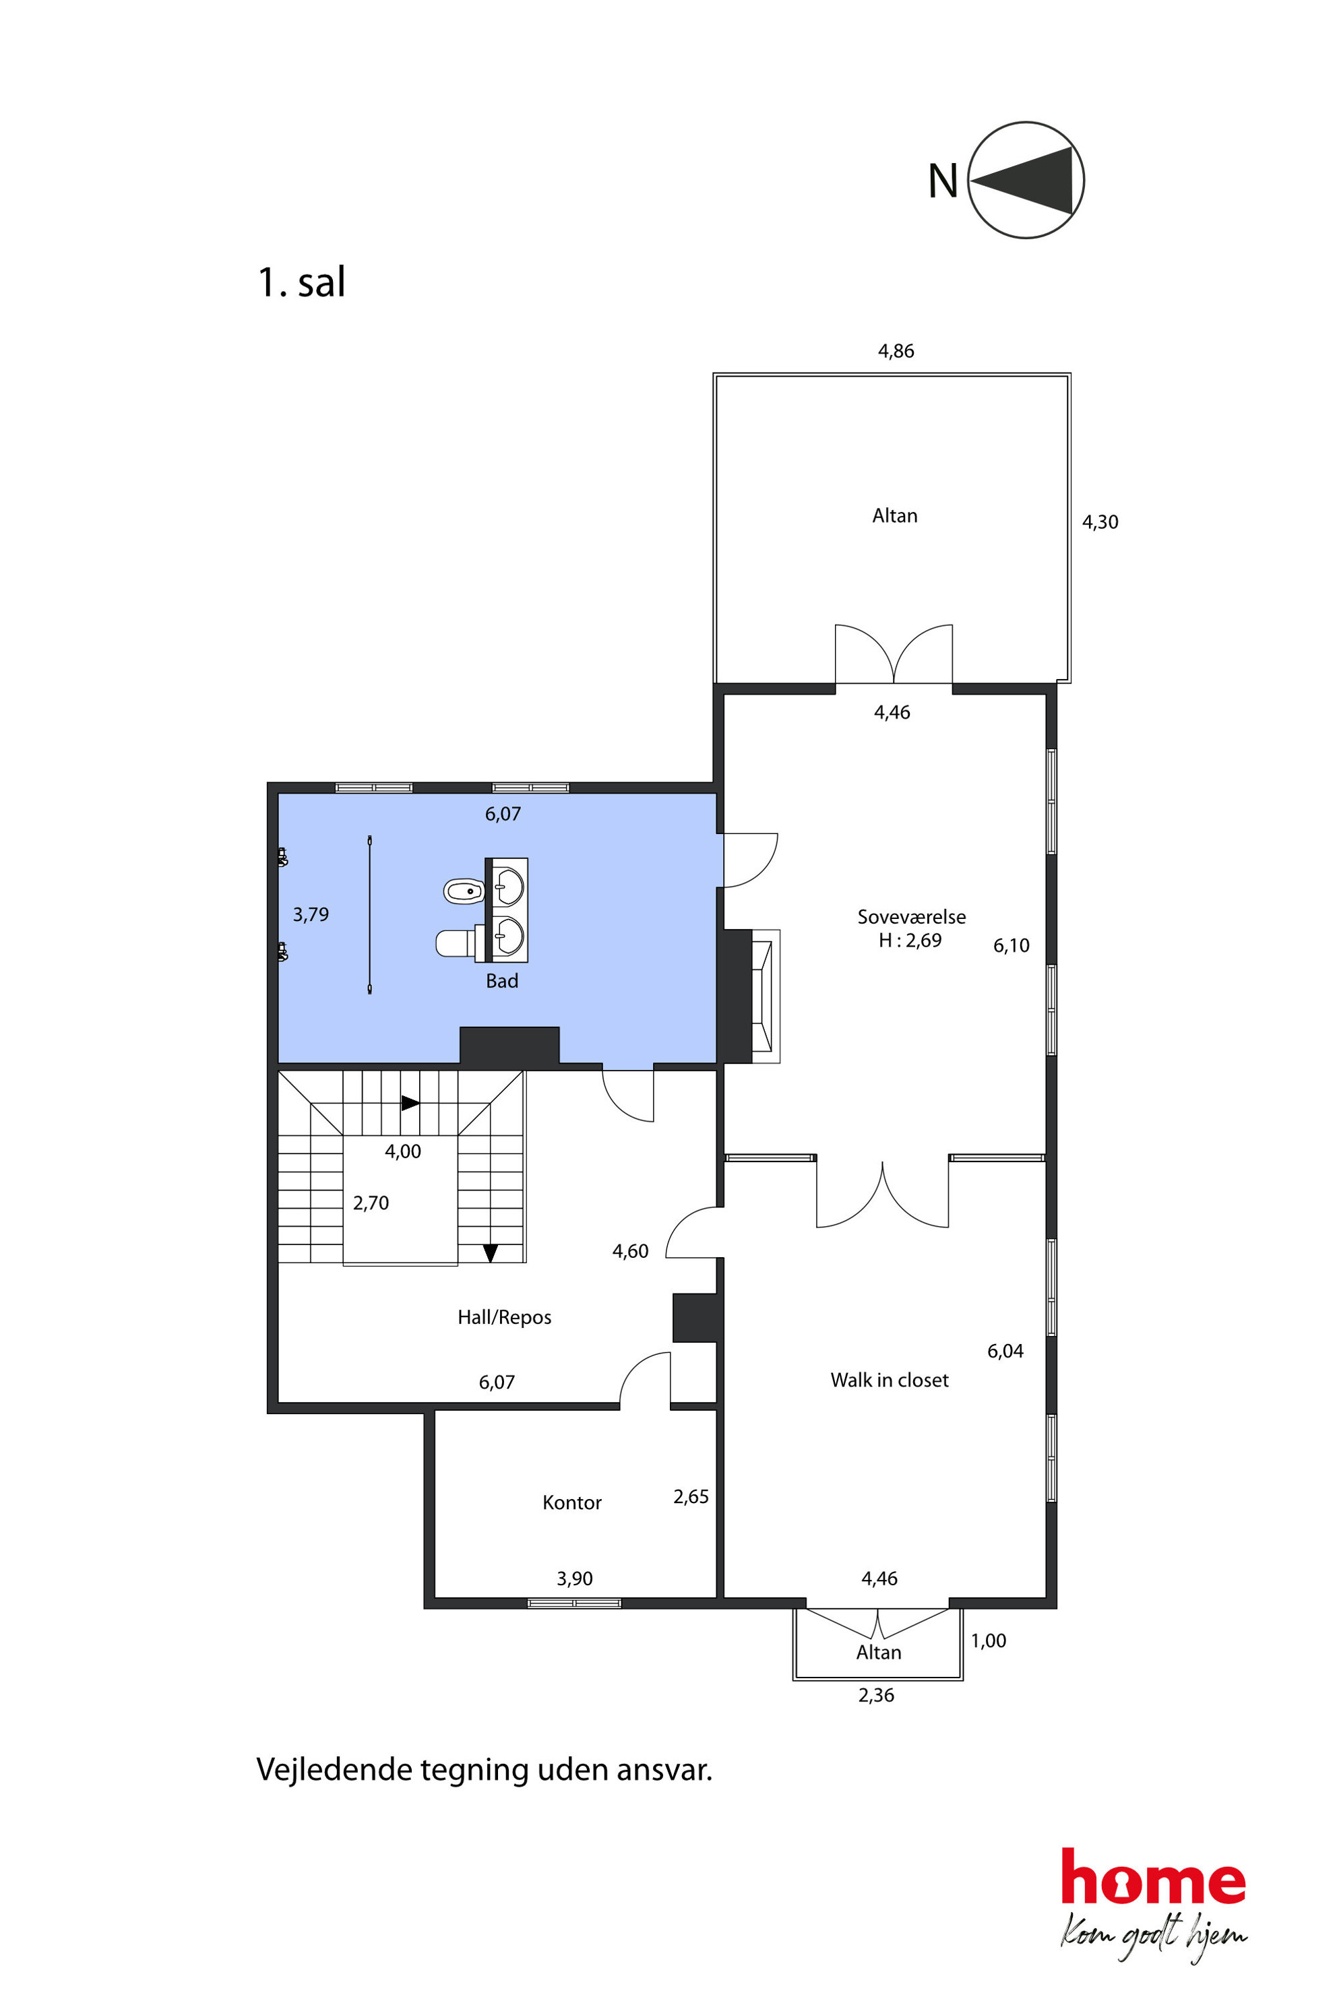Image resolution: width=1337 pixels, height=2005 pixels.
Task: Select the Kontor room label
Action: (x=572, y=1502)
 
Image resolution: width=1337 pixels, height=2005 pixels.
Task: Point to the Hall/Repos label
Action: (x=504, y=1317)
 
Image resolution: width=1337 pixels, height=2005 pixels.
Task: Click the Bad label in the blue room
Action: (x=502, y=980)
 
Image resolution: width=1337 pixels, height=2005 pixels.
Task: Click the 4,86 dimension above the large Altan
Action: (x=896, y=350)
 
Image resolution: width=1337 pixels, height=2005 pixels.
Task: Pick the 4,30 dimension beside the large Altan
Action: (x=1100, y=521)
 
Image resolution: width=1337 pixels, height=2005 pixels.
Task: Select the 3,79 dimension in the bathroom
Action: (x=311, y=915)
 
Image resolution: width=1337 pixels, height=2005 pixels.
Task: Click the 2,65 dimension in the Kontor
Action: (x=691, y=1496)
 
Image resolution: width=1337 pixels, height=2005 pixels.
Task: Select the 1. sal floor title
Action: (x=301, y=282)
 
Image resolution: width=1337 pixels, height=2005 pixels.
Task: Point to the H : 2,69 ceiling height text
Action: (x=910, y=941)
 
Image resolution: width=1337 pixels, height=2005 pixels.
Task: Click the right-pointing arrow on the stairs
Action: (x=410, y=1103)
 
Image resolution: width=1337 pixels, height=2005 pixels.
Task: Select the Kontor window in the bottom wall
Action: (x=574, y=1603)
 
